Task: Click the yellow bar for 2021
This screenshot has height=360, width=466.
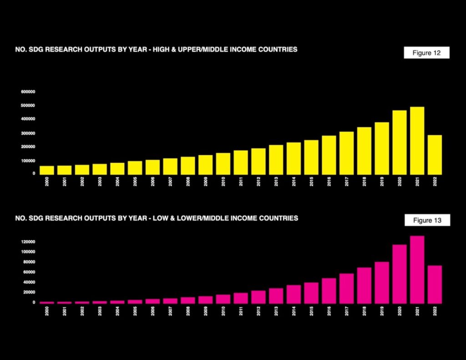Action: point(417,141)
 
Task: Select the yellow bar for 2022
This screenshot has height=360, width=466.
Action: point(435,155)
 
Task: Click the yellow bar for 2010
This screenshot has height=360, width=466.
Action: point(223,164)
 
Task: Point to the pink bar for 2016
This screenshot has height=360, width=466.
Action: point(329,291)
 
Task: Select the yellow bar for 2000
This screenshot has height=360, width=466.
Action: point(47,170)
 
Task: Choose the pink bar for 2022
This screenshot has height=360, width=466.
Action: point(435,284)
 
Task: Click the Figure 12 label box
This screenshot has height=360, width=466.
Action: point(426,53)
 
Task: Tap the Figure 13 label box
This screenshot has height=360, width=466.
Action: point(427,220)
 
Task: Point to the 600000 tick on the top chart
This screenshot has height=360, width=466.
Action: point(28,91)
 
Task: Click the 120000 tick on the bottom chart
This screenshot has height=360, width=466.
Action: point(28,242)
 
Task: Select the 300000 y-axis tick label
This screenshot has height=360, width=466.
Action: point(28,133)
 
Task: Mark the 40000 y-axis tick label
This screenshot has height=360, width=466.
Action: point(28,282)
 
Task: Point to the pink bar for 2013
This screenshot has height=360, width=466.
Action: point(276,296)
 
